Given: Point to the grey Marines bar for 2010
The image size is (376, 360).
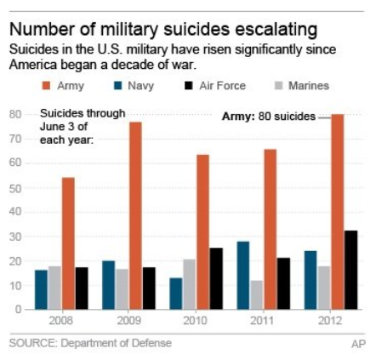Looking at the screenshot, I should pos(189,283).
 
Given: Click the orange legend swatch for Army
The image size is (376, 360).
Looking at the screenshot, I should pos(47,86).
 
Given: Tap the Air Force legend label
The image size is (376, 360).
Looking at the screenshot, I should pos(224,86).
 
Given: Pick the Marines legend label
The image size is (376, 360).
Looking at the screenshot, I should pos(309,86).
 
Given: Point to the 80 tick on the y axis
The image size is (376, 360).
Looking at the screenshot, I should pos(15,114).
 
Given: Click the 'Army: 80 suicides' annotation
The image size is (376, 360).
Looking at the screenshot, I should pos(268,116).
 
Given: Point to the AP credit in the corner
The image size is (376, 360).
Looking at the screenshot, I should pos(358,344).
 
